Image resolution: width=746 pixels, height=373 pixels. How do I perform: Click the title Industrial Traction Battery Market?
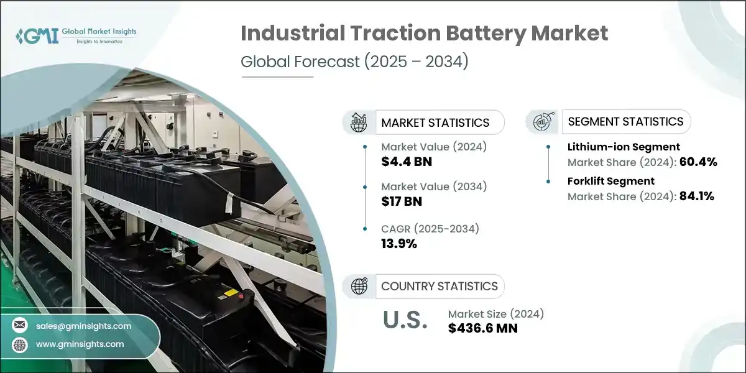pos(425,34)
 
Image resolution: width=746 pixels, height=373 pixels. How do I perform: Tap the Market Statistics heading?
pos(435,122)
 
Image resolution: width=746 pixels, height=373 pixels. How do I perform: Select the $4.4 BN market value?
pos(407,162)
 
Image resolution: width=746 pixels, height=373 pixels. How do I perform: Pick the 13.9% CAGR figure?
pos(398,244)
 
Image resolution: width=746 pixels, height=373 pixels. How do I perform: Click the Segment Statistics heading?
pos(625,121)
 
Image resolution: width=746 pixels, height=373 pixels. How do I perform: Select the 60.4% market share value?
pos(699,162)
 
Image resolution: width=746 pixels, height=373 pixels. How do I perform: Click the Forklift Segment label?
pos(610,181)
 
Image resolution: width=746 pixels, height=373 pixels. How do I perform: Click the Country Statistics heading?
pos(439,286)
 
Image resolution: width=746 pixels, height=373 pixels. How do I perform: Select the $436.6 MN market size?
pos(482,328)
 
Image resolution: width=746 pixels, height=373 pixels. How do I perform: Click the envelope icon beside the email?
pos(19,326)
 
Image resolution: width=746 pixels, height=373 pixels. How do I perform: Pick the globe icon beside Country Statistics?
pos(359,286)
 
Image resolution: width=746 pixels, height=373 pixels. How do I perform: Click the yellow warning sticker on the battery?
pos(229,292)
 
